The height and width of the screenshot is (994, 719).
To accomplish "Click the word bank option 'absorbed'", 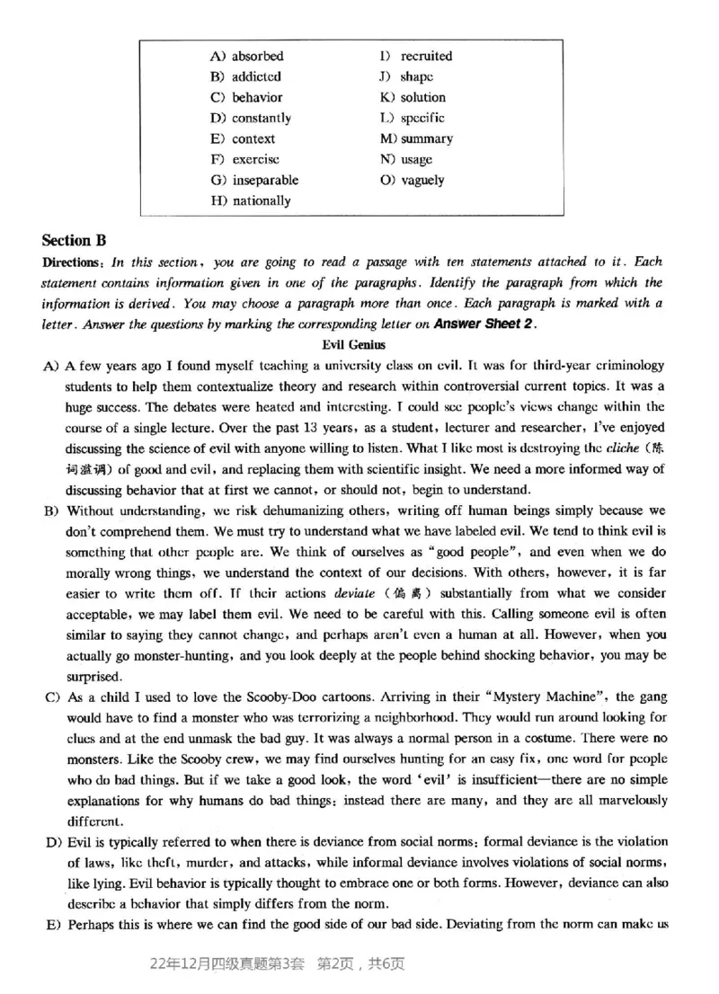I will pyautogui.click(x=257, y=56).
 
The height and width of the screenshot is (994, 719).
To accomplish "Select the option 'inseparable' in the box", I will pyautogui.click(x=265, y=180).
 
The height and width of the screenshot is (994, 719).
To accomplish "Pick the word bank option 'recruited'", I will pyautogui.click(x=426, y=56).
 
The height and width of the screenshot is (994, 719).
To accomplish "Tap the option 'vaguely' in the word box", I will pyautogui.click(x=422, y=180).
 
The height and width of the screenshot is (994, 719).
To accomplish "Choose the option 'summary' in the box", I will pyautogui.click(x=427, y=138).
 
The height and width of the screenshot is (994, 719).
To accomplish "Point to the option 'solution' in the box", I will pyautogui.click(x=422, y=97).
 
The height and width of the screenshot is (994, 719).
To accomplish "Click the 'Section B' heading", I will pyautogui.click(x=74, y=240).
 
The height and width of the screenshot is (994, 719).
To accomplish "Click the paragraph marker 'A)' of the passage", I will pyautogui.click(x=50, y=365).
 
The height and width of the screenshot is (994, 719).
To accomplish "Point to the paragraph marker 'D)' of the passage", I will pyautogui.click(x=50, y=841).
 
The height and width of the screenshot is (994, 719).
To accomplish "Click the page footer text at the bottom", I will pyautogui.click(x=280, y=965).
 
